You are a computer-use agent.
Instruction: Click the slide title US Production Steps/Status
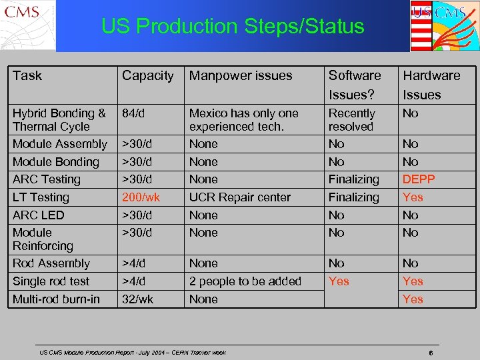(233, 27)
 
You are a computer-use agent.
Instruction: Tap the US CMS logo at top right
(444, 25)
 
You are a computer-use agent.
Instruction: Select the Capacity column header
(147, 76)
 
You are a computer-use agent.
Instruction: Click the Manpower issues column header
(241, 76)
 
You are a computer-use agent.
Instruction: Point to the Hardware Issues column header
(431, 85)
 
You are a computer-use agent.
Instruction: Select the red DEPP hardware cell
(419, 179)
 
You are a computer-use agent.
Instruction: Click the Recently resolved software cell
(351, 120)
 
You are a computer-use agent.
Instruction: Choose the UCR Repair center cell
(240, 197)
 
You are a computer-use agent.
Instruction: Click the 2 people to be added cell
(245, 281)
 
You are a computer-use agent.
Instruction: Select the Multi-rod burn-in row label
(56, 299)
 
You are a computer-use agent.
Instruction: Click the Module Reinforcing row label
(42, 239)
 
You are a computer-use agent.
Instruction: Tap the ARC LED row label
(39, 215)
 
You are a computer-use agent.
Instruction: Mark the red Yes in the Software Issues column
(339, 281)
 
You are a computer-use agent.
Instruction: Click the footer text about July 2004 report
(133, 353)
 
